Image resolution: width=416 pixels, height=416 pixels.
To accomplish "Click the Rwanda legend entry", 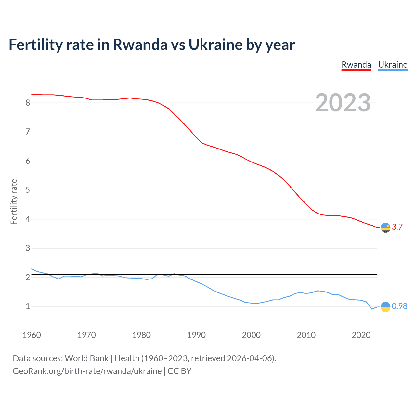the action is (x=356, y=65).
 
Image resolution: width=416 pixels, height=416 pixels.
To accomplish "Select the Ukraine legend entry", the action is (x=393, y=65).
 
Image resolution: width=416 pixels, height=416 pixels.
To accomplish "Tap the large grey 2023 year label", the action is (x=343, y=103).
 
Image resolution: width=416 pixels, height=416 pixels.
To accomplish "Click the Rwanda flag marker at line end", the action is (x=385, y=227).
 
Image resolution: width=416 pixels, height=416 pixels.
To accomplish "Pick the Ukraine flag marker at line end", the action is (x=385, y=306).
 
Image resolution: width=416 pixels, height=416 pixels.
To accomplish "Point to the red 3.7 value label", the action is (x=397, y=227).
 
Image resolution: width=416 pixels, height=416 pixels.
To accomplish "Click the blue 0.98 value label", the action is (x=399, y=306).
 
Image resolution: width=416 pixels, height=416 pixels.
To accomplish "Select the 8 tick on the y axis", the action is (x=28, y=103).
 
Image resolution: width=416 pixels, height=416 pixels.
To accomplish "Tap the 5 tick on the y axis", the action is (x=28, y=190).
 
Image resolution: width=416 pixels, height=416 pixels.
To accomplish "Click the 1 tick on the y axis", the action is (x=28, y=306).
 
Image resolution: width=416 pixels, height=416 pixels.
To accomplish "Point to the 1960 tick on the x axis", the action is (x=32, y=335).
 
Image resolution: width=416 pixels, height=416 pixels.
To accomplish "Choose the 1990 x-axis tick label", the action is (x=196, y=335).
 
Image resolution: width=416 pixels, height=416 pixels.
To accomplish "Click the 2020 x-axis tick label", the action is (x=361, y=335).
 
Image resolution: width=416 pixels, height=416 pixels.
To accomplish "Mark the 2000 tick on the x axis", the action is (x=251, y=335).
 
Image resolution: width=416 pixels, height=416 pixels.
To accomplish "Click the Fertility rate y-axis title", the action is (x=14, y=201).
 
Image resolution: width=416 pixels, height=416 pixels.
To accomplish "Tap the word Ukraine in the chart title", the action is (x=215, y=45).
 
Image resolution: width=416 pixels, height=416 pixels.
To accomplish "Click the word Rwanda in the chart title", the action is (x=140, y=45).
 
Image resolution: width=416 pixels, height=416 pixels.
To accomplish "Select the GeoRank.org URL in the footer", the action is (x=87, y=371).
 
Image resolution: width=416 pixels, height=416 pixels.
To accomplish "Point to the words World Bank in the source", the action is (x=86, y=358).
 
